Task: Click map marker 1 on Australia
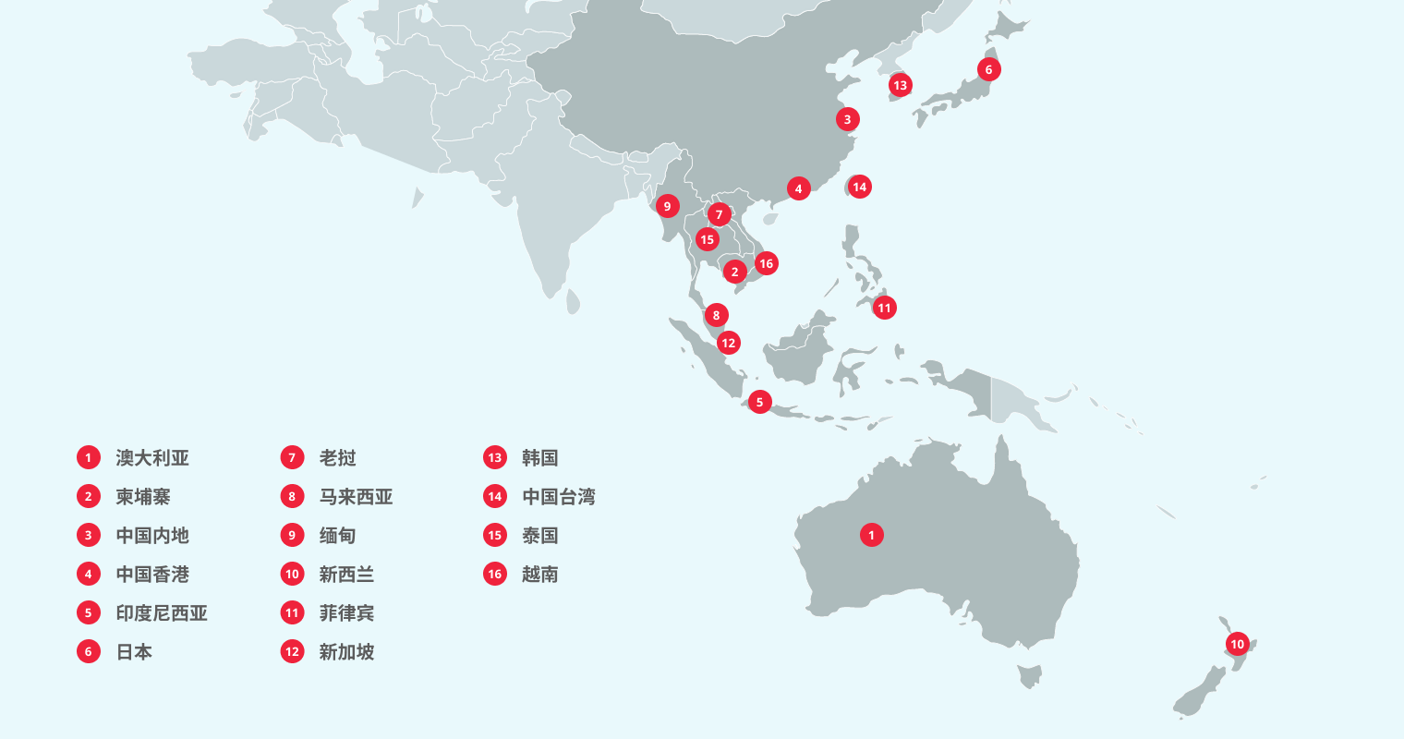[x=871, y=535]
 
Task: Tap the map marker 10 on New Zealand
[x=1237, y=644]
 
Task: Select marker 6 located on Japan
[x=988, y=69]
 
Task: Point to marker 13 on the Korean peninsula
[x=900, y=86]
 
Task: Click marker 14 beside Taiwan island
[x=859, y=187]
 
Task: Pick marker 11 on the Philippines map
[x=884, y=308]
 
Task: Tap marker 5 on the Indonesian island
[x=759, y=402]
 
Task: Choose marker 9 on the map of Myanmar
[x=667, y=206]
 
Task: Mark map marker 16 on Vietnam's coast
[x=766, y=263]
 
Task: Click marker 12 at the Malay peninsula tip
[x=728, y=343]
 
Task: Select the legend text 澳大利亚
[x=152, y=458]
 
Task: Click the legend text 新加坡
[x=346, y=652]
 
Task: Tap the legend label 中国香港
[x=152, y=575]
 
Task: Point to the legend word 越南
[x=539, y=575]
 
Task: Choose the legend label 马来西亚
[x=356, y=497]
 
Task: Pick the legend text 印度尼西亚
[x=162, y=613]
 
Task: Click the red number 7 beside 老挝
[x=292, y=458]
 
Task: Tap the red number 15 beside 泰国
[x=495, y=536]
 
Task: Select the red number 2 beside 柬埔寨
[x=89, y=497]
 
